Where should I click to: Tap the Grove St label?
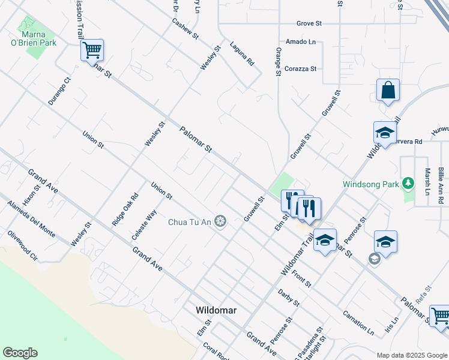click(309, 23)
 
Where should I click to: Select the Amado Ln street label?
click(300, 42)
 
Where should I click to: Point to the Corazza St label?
click(301, 69)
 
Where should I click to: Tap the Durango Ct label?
click(59, 91)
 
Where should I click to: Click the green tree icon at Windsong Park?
click(408, 182)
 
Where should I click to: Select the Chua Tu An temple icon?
click(221, 223)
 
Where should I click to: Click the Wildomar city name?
click(217, 310)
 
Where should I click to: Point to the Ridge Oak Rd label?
click(125, 209)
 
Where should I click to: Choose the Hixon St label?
click(31, 195)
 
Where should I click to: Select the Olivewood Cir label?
click(23, 245)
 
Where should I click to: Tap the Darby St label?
click(288, 298)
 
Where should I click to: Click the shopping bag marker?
click(388, 91)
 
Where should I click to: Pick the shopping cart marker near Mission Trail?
click(92, 50)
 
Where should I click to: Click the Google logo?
click(20, 353)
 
